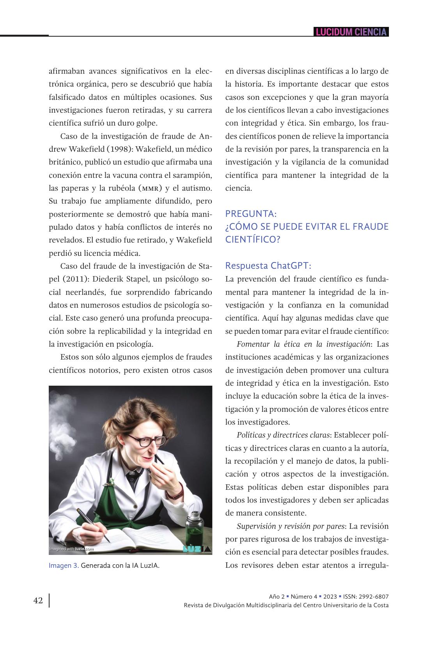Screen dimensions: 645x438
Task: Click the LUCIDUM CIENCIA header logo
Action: pos(351,32)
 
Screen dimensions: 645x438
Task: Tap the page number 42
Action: pos(38,601)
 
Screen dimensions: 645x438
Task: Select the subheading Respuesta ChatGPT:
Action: pos(268,266)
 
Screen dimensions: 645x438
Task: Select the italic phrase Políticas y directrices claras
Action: pos(283,435)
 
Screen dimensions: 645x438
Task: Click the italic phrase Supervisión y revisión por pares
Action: pos(291,526)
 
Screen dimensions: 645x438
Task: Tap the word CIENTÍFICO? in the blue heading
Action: pos(253,239)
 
